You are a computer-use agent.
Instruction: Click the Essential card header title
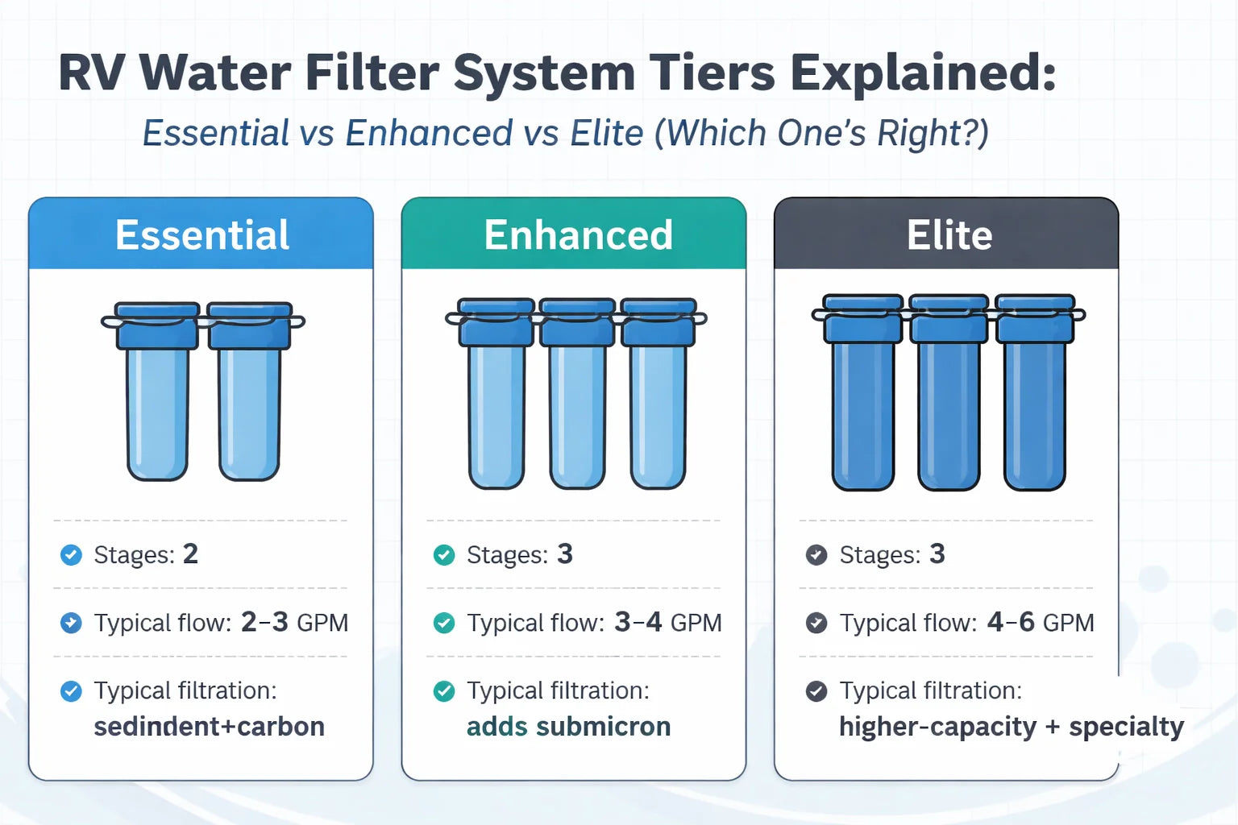(201, 235)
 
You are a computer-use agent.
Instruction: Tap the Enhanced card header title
(578, 235)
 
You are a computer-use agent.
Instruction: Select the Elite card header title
(949, 235)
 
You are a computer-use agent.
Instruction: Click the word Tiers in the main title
(712, 73)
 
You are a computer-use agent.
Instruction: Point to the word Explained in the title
(922, 73)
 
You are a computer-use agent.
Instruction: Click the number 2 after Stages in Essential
(190, 554)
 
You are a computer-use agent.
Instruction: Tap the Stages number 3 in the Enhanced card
(565, 554)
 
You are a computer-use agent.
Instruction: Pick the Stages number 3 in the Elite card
(937, 554)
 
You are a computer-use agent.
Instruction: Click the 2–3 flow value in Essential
(264, 622)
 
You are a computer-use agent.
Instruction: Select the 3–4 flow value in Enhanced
(638, 622)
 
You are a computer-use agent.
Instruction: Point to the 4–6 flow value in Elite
(1011, 622)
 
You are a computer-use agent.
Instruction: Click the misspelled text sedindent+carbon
(209, 727)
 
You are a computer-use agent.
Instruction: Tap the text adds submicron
(568, 727)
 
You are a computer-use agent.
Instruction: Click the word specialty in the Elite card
(1126, 727)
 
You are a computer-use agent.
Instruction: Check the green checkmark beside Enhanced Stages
(444, 555)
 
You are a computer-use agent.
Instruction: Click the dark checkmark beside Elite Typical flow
(816, 623)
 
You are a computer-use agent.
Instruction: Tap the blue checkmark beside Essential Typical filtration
(71, 691)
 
